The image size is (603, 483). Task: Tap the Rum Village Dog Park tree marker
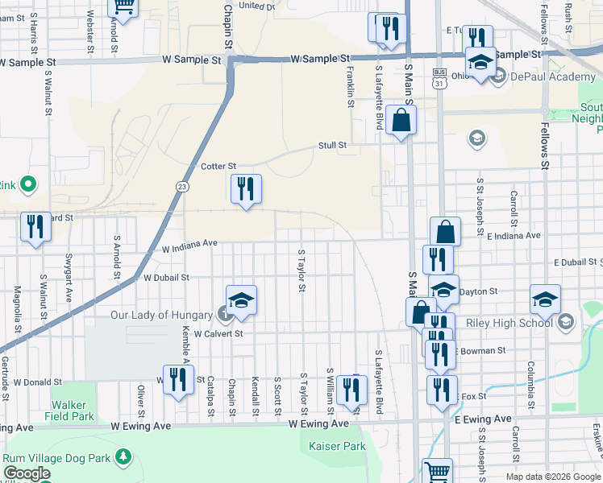click(123, 457)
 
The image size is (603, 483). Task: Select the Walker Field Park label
click(73, 411)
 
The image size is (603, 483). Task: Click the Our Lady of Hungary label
click(161, 315)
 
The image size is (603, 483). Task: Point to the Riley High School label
click(520, 324)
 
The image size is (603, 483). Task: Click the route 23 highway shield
click(183, 186)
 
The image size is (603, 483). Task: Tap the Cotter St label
click(217, 166)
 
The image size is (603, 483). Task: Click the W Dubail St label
click(166, 277)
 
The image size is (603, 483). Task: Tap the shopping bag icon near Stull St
click(401, 122)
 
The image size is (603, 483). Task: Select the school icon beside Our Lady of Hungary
click(241, 301)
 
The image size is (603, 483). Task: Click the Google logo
click(26, 474)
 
